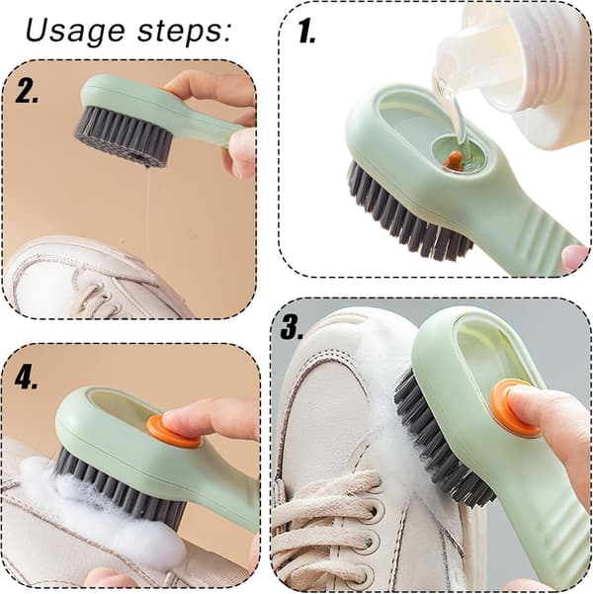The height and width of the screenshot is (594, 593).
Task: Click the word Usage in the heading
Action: pos(75,32)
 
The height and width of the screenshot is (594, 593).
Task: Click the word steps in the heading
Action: pos(179,31)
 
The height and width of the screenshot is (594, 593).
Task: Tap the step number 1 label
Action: pos(306,32)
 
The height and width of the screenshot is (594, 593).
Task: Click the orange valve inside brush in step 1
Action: pos(453,161)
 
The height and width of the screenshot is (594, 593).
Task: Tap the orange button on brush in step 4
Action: pos(173,431)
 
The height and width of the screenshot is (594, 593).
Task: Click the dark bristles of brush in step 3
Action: pos(444,440)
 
